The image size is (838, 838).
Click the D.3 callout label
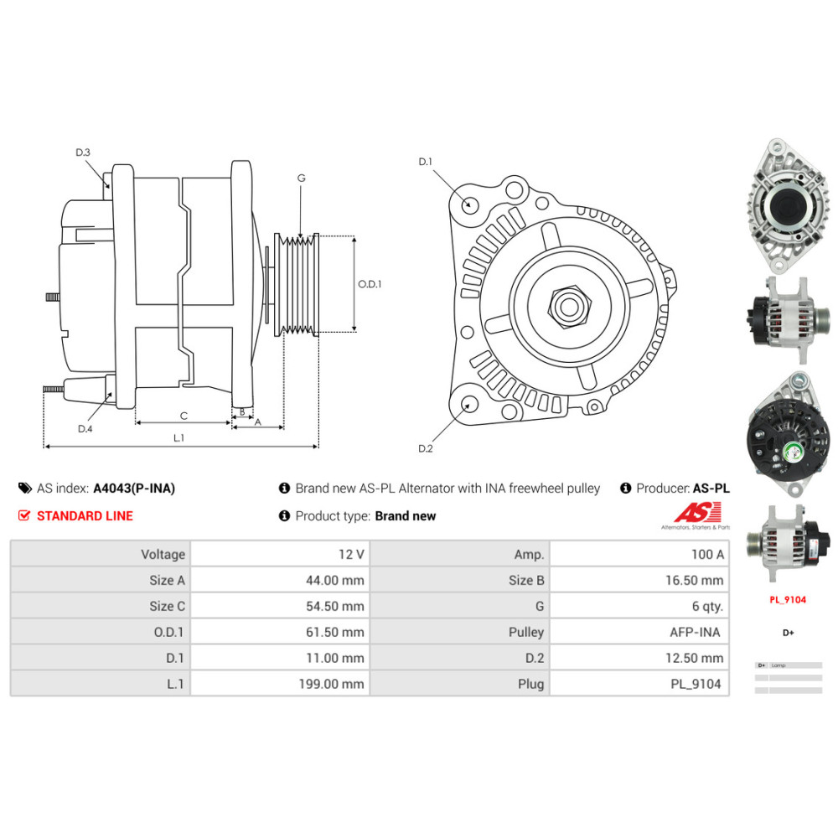tap(82, 153)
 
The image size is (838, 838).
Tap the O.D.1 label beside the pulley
tap(370, 284)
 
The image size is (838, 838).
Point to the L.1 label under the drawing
tap(178, 437)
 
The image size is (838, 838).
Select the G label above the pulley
tap(301, 178)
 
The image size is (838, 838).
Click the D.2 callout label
tap(425, 448)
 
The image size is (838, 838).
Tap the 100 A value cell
tap(707, 554)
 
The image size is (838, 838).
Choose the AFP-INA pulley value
tap(696, 632)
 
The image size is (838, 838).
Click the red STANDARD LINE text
tap(85, 515)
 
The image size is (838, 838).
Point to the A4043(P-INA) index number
tap(134, 488)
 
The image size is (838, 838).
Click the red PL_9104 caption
tap(788, 600)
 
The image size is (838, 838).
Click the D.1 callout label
tap(425, 161)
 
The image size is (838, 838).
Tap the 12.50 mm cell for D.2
tap(694, 658)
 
